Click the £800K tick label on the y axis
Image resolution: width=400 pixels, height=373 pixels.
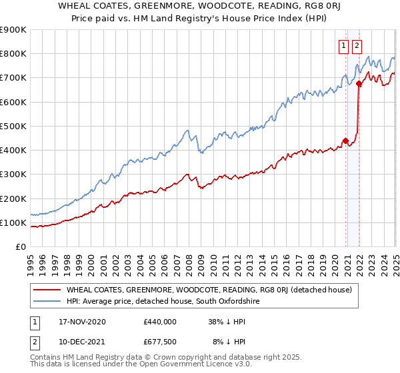tap(13, 54)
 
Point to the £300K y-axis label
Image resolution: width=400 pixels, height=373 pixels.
tap(13, 175)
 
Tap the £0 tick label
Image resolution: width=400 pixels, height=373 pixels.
tap(21, 247)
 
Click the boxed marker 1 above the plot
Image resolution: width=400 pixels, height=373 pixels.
tap(344, 46)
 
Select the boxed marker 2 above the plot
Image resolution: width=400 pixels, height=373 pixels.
tap(357, 46)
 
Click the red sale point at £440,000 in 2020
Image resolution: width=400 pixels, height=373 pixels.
tap(345, 141)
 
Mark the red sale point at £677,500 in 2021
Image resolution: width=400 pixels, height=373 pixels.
tap(359, 83)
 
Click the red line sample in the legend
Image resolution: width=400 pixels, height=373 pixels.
tap(47, 290)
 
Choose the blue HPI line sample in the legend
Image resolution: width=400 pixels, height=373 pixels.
tap(47, 301)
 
